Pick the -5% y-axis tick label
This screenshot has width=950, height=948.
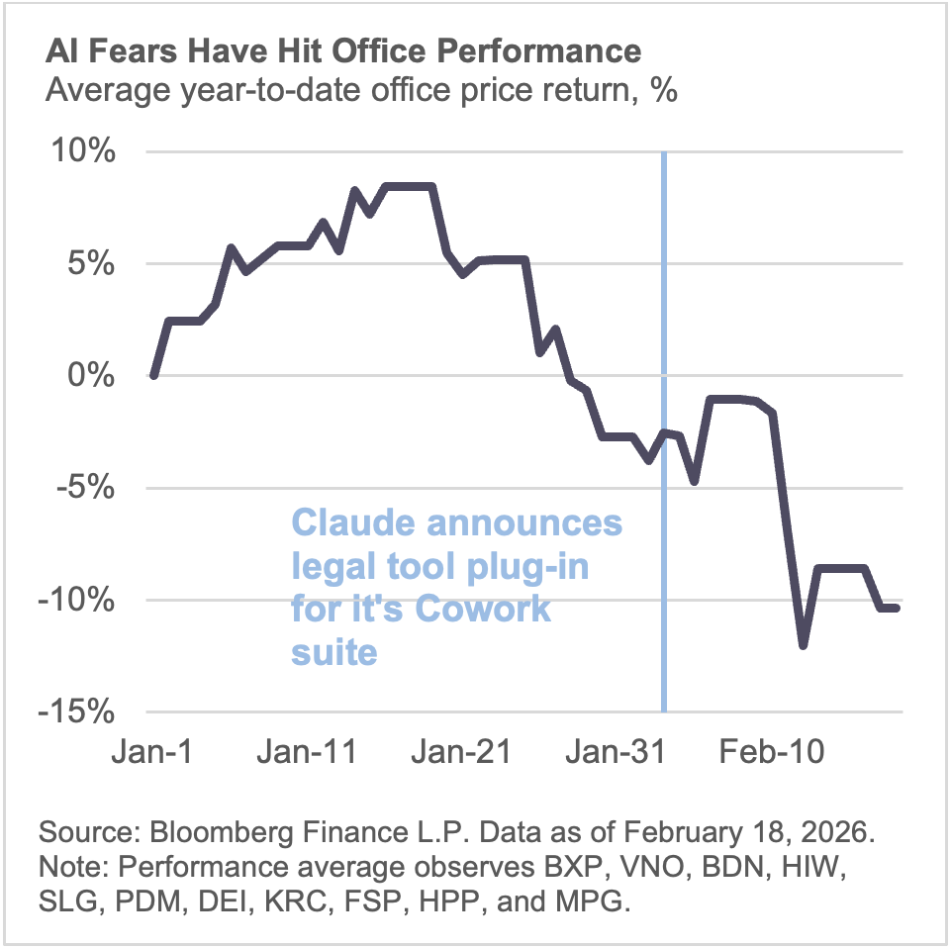pyautogui.click(x=90, y=489)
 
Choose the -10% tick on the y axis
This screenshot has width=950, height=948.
pyautogui.click(x=82, y=601)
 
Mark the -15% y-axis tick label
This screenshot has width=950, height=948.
pyautogui.click(x=82, y=712)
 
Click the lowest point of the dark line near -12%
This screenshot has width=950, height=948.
pyautogui.click(x=804, y=645)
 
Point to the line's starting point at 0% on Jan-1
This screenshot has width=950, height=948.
pyautogui.click(x=153, y=376)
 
